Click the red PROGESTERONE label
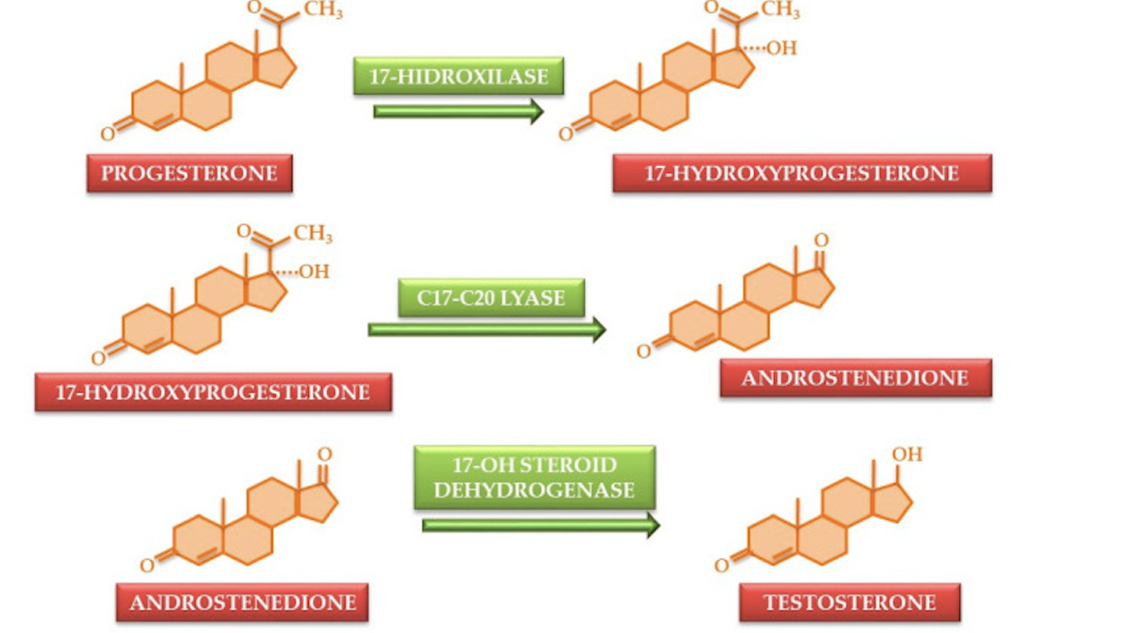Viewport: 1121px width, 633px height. (x=189, y=173)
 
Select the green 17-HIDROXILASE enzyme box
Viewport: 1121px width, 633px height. (x=458, y=76)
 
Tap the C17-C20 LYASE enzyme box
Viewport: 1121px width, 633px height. (x=491, y=297)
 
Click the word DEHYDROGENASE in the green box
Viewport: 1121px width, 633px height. (x=534, y=490)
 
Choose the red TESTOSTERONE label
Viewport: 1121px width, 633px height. (x=850, y=602)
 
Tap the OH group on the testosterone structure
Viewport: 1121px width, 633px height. (x=907, y=455)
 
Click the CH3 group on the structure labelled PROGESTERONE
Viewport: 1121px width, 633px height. (x=323, y=10)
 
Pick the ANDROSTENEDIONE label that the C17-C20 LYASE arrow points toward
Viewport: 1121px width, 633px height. (x=855, y=378)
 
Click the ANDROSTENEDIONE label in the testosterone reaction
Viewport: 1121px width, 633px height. (x=243, y=602)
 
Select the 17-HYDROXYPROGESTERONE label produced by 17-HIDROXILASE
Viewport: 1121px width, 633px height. (x=801, y=173)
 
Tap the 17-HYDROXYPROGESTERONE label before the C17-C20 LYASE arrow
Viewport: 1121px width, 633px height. (x=213, y=392)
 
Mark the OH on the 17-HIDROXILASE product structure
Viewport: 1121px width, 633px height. (x=781, y=48)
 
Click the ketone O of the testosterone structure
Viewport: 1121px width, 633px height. (x=721, y=565)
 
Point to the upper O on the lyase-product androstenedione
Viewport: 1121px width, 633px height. (x=821, y=240)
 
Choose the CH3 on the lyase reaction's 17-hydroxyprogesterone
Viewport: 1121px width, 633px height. (x=313, y=233)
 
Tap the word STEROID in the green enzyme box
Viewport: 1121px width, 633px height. (x=576, y=464)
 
